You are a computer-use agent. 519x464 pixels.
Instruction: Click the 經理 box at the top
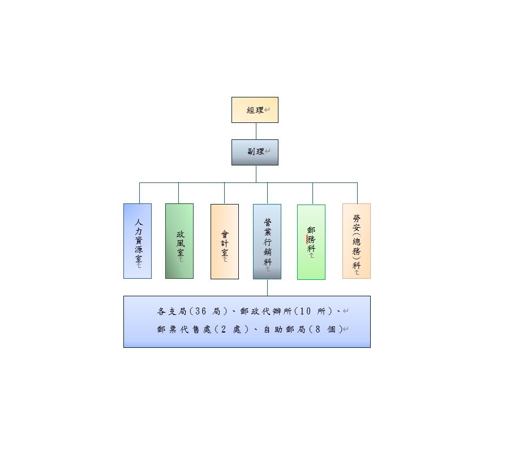(255, 110)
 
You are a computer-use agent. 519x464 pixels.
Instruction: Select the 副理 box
(255, 152)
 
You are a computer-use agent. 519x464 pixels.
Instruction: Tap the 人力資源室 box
(138, 241)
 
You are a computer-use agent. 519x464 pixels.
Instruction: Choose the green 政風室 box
(179, 241)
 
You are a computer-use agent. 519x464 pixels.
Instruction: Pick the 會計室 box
(225, 241)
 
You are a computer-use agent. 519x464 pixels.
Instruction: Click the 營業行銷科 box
(267, 241)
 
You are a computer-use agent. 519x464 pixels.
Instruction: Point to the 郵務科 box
(311, 242)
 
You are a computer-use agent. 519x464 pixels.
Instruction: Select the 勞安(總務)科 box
(357, 241)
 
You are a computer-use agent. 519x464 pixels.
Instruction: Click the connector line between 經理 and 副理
(256, 131)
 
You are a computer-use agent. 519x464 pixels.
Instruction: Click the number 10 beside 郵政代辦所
(306, 311)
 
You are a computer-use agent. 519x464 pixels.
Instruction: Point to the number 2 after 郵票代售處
(223, 329)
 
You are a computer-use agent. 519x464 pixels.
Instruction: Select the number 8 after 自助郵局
(321, 329)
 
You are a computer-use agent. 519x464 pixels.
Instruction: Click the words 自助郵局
(284, 329)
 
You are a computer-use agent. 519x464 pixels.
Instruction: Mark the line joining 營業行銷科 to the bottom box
(267, 287)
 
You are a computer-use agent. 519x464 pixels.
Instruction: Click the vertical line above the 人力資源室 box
(140, 193)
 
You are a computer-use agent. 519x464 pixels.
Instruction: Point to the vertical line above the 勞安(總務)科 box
(357, 193)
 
